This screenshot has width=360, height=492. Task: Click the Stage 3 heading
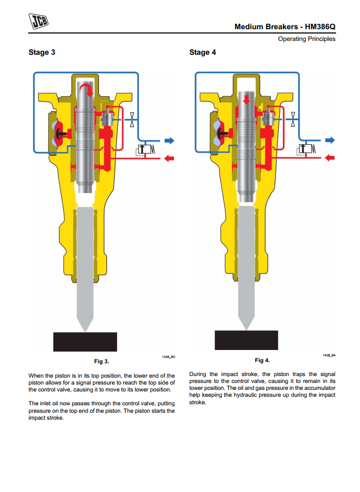point(41,52)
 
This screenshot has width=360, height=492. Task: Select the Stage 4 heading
point(203,52)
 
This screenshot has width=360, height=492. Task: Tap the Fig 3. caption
point(102,362)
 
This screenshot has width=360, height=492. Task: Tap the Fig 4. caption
point(262,361)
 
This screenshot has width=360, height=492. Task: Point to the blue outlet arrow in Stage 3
point(169,140)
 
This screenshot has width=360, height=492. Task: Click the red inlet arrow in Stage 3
point(169,158)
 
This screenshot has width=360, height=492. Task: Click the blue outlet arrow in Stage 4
point(330,140)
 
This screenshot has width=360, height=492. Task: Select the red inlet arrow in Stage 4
point(330,157)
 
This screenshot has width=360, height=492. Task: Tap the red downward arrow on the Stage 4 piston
point(246,99)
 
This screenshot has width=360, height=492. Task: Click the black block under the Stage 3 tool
point(85,341)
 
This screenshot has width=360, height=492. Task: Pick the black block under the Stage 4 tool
point(246,340)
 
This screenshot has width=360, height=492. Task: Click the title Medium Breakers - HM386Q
point(285,27)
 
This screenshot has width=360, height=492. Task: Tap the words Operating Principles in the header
point(307,39)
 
